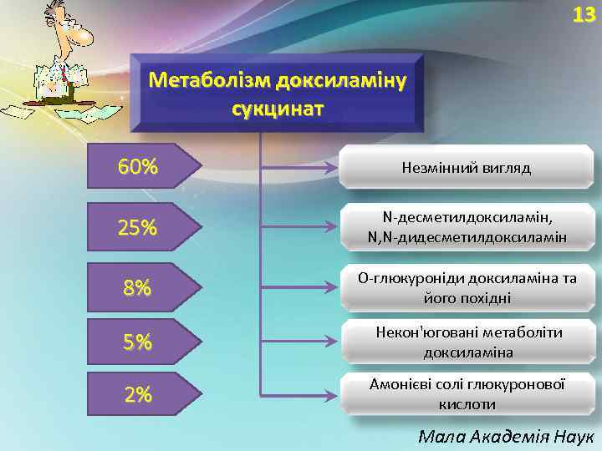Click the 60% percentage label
(138, 167)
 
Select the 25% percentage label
(138, 227)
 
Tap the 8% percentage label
(138, 288)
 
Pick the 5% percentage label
(138, 342)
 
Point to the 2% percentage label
(138, 395)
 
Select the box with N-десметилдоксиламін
(467, 226)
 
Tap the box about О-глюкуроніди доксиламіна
(467, 287)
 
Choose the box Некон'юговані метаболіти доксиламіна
(467, 342)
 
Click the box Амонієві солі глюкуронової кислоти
(467, 393)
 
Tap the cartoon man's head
(67, 29)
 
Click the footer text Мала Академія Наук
(505, 435)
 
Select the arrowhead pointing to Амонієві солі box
(334, 393)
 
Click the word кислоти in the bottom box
(467, 404)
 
